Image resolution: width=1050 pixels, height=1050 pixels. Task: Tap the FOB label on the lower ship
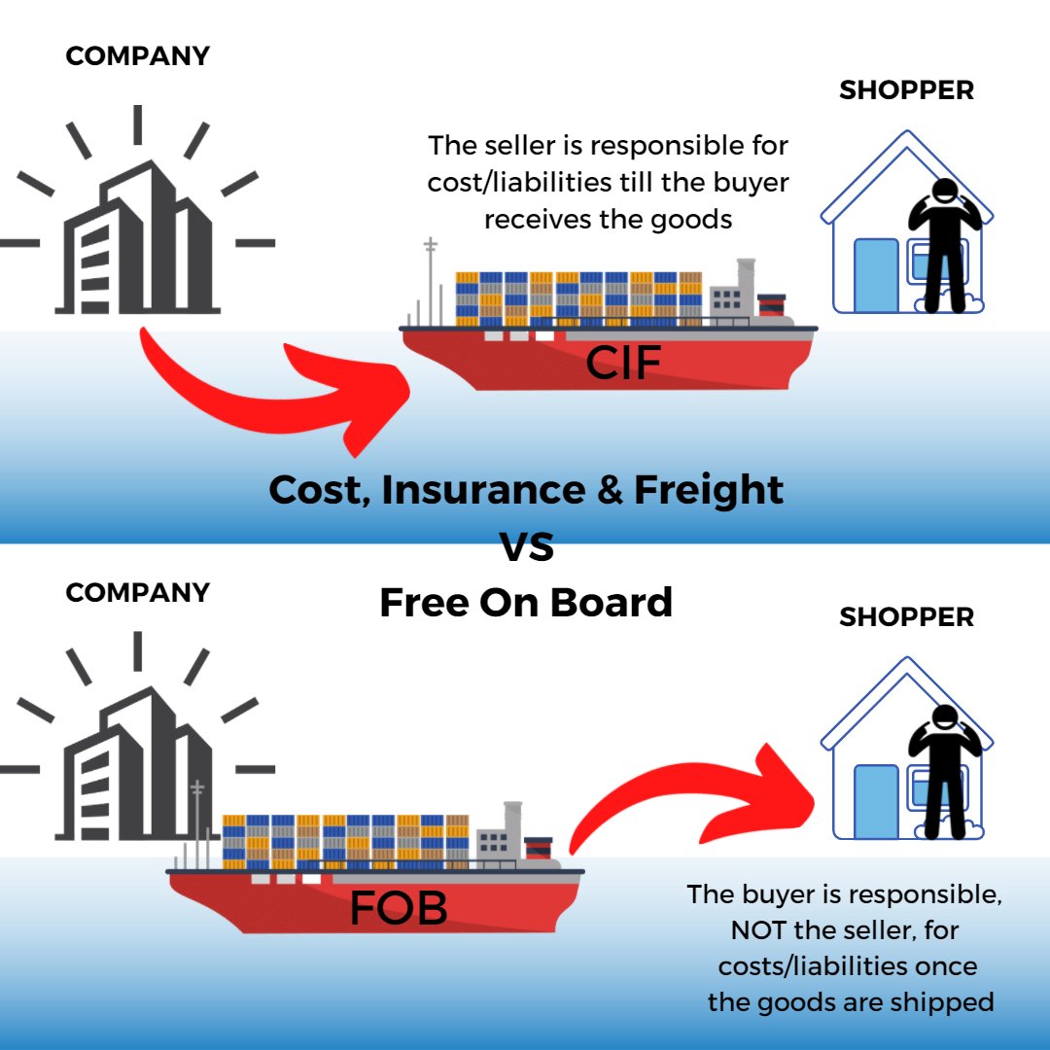(399, 907)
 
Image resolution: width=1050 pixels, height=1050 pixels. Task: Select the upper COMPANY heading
(137, 56)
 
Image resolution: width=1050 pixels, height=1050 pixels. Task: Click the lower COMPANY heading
(137, 592)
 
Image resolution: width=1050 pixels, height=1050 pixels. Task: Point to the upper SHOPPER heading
(906, 90)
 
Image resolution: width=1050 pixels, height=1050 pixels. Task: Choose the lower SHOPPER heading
(906, 617)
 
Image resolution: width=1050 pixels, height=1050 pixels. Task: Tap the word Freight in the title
(708, 489)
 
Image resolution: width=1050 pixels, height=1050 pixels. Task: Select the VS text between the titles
(526, 546)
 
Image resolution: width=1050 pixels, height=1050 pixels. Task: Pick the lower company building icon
(137, 768)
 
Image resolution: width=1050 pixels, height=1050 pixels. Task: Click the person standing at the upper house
(943, 243)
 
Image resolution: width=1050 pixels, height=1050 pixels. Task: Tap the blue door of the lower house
(876, 801)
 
